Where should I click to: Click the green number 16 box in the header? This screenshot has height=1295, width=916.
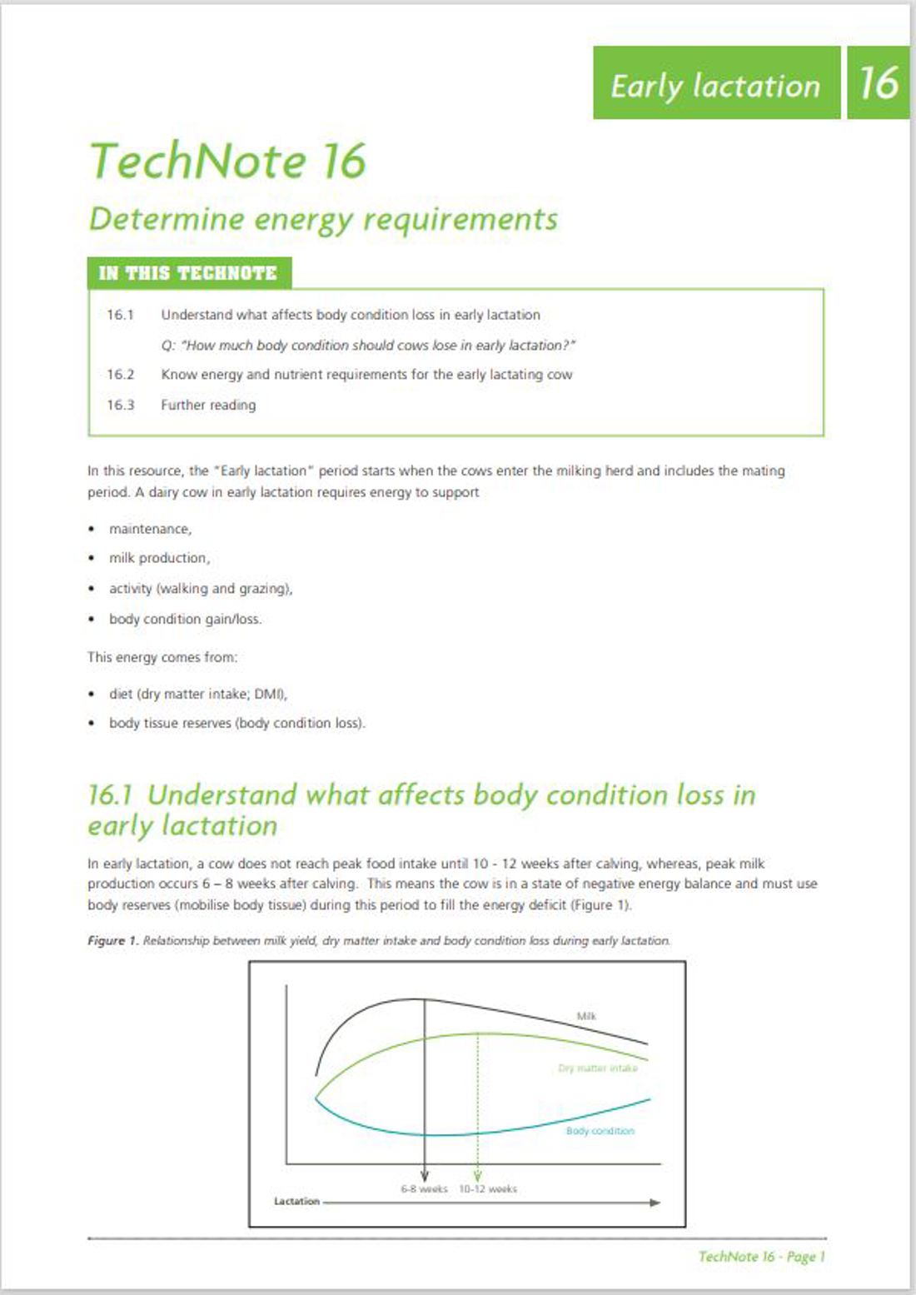pyautogui.click(x=879, y=82)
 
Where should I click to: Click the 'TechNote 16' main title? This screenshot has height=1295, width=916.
pyautogui.click(x=227, y=160)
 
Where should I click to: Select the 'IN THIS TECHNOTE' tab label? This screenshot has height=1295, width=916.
pyautogui.click(x=188, y=273)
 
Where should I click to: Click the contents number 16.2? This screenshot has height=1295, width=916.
pyautogui.click(x=120, y=375)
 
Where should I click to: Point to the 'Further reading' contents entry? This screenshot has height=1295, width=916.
pyautogui.click(x=208, y=405)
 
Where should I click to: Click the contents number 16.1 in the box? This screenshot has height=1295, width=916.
pyautogui.click(x=120, y=315)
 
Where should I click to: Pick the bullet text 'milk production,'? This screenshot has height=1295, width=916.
pyautogui.click(x=159, y=558)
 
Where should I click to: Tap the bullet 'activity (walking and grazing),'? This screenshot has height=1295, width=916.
pyautogui.click(x=201, y=589)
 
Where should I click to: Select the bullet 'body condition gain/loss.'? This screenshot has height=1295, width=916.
pyautogui.click(x=185, y=619)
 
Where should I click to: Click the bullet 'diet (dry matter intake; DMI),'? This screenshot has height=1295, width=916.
pyautogui.click(x=198, y=694)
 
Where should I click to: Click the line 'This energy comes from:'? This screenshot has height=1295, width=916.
pyautogui.click(x=162, y=657)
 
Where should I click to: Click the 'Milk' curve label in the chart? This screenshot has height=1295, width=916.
pyautogui.click(x=586, y=1016)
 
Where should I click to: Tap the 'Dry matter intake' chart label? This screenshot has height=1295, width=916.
pyautogui.click(x=598, y=1068)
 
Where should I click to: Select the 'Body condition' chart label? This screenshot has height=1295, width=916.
pyautogui.click(x=600, y=1131)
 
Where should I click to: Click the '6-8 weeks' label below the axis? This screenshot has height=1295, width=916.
pyautogui.click(x=424, y=1189)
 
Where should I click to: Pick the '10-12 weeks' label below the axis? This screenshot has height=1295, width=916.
pyautogui.click(x=488, y=1189)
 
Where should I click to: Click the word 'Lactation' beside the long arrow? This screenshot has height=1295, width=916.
pyautogui.click(x=296, y=1202)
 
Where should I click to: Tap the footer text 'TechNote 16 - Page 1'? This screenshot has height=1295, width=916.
pyautogui.click(x=761, y=1257)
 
